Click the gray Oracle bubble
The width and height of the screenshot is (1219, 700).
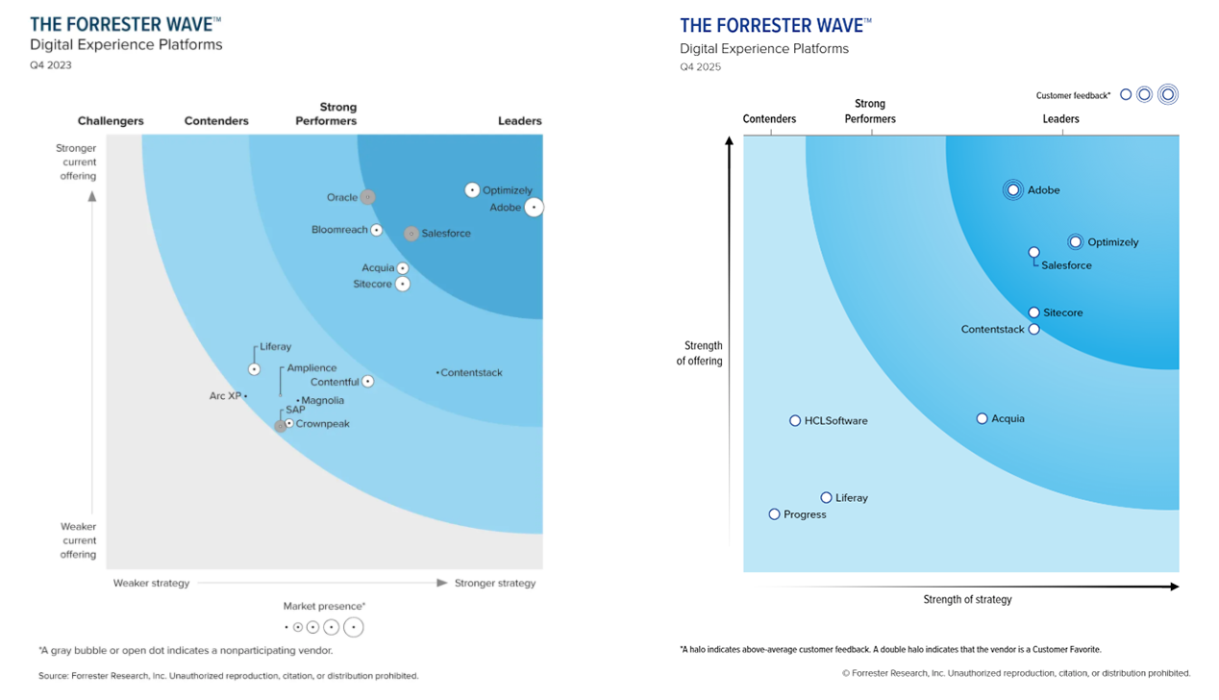(x=367, y=197)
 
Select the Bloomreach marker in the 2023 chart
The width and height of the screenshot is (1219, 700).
(x=377, y=230)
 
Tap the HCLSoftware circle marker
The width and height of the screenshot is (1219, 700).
(x=795, y=420)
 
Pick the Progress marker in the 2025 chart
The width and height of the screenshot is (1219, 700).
(x=774, y=514)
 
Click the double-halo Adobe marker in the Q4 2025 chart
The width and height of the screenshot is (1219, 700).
(x=1013, y=189)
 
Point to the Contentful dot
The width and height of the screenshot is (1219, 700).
(x=367, y=382)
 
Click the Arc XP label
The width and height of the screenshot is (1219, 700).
(x=226, y=396)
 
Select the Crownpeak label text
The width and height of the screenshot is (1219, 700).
(x=323, y=424)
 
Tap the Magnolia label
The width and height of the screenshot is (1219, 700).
(x=323, y=401)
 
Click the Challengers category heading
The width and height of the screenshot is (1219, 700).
(x=111, y=121)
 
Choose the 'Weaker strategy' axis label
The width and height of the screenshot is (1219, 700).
(x=151, y=584)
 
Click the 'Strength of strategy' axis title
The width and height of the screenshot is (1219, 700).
(x=967, y=600)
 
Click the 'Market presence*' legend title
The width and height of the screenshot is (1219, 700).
(x=324, y=607)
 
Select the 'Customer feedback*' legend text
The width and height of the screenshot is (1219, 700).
(x=1073, y=95)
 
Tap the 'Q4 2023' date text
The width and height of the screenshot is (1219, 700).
(x=51, y=65)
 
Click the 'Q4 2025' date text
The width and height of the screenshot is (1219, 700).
(x=700, y=67)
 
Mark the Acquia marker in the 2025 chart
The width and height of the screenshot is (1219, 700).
(x=982, y=418)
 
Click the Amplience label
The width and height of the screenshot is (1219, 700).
(x=311, y=368)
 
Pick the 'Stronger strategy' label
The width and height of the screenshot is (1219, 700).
(x=495, y=584)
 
